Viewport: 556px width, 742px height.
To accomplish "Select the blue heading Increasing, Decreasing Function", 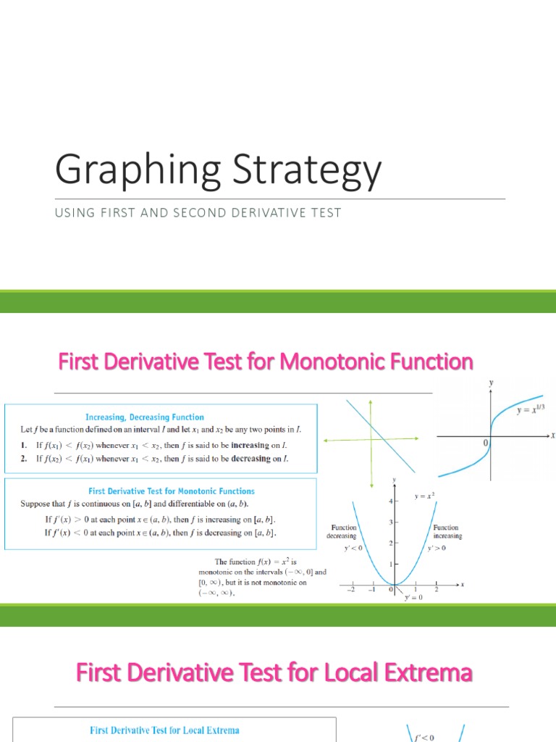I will (x=145, y=417).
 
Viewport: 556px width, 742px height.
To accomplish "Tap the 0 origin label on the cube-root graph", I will (x=485, y=442).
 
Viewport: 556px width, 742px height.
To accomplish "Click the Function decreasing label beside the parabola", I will (x=344, y=532).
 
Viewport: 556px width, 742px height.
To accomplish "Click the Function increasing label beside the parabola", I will (x=447, y=532).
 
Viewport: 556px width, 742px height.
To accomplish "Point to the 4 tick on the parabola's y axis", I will (x=390, y=501).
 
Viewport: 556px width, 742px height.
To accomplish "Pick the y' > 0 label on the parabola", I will (x=437, y=549).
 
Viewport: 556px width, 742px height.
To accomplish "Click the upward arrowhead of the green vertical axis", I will (x=371, y=401).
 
